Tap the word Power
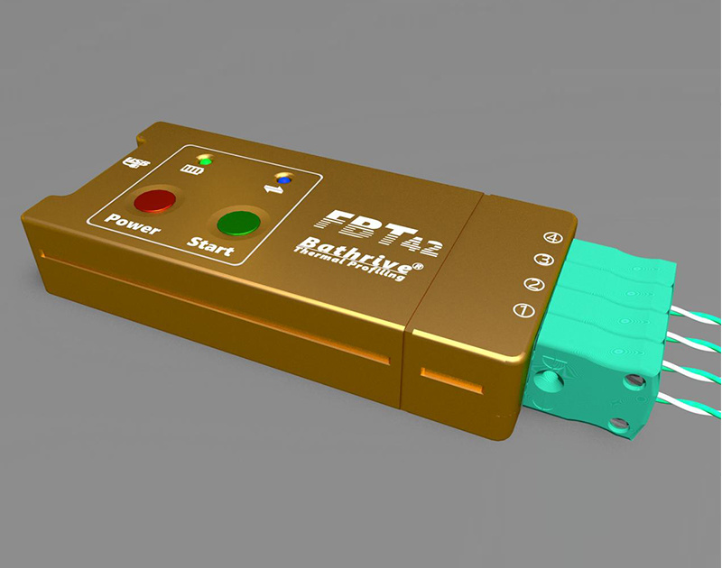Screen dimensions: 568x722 pos(132,224)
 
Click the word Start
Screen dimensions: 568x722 pos(209,247)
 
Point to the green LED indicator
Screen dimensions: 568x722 pos(205,160)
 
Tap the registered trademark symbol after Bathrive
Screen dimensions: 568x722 pos(417,267)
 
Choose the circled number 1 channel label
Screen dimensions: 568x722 pos(521,312)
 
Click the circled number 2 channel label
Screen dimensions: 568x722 pos(533,287)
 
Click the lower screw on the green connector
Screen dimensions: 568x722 pos(618,424)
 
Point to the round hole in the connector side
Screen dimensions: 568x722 pos(548,382)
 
